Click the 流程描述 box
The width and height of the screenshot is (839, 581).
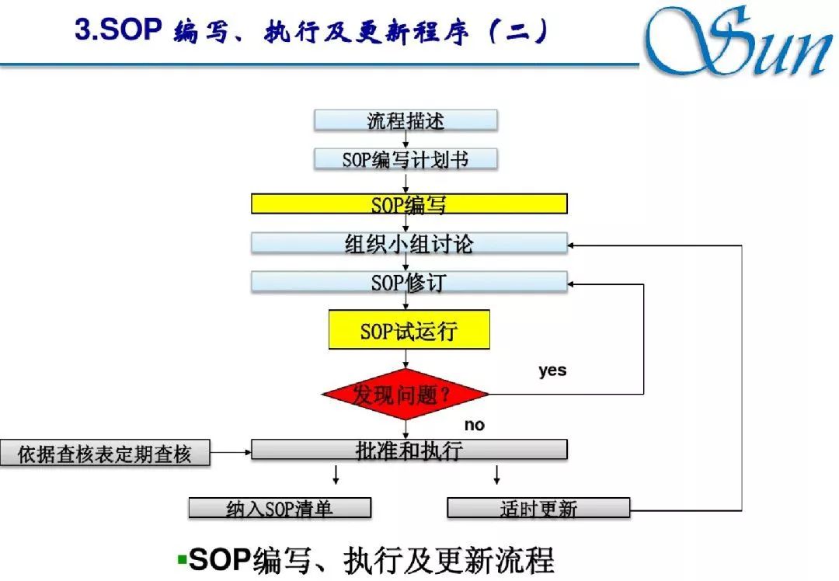406,120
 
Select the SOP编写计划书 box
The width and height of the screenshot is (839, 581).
406,159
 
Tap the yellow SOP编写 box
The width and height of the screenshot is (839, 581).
409,204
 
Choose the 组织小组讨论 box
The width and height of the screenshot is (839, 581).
409,243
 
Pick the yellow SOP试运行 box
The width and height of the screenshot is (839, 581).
409,330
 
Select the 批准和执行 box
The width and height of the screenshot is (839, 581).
409,450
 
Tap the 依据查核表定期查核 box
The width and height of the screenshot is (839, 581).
105,454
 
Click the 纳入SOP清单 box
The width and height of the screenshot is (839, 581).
280,508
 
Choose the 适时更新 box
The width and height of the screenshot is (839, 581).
538,508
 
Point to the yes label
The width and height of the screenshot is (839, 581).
552,371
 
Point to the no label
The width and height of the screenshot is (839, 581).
474,425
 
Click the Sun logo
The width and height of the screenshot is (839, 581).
738,43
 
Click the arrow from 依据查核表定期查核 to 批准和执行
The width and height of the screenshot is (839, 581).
231,451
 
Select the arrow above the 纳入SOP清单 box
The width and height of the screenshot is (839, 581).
336,475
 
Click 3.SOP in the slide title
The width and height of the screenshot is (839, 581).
117,31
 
